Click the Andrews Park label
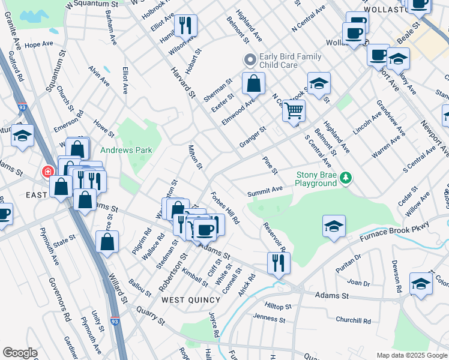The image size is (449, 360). (126, 151)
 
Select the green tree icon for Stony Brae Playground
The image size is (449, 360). (345, 177)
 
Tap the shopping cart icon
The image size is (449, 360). (294, 111)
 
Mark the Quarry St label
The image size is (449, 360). (149, 317)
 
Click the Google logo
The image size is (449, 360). (19, 353)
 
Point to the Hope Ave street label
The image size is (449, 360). (40, 44)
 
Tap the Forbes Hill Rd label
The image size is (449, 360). (225, 208)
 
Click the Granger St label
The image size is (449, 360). (252, 137)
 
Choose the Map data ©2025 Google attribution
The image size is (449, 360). (411, 355)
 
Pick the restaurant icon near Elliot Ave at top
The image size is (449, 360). (185, 26)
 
